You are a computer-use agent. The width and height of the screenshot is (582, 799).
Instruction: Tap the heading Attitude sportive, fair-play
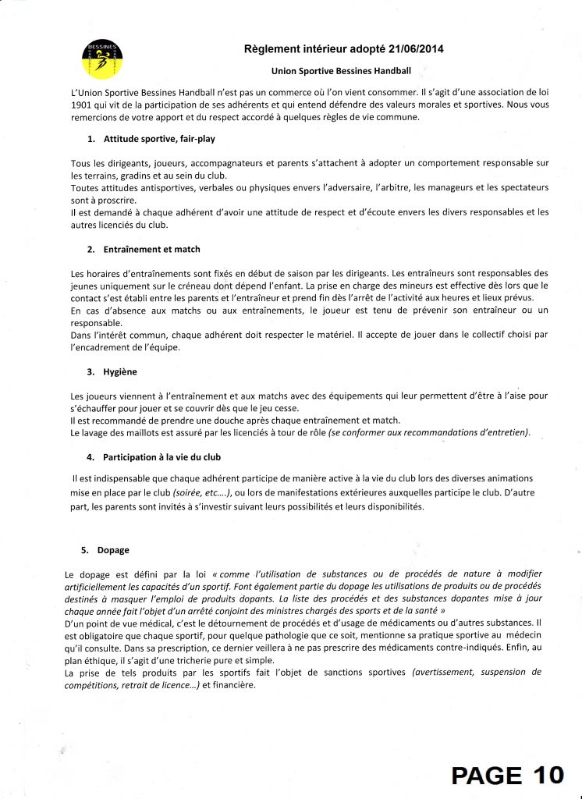click(x=159, y=139)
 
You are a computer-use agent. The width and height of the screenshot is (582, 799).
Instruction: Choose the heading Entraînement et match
click(x=151, y=250)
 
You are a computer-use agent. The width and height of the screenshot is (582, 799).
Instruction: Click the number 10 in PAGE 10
click(x=548, y=774)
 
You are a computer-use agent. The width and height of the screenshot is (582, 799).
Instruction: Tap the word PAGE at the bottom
click(x=488, y=774)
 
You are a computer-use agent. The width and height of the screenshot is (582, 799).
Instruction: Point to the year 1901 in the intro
click(x=81, y=106)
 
